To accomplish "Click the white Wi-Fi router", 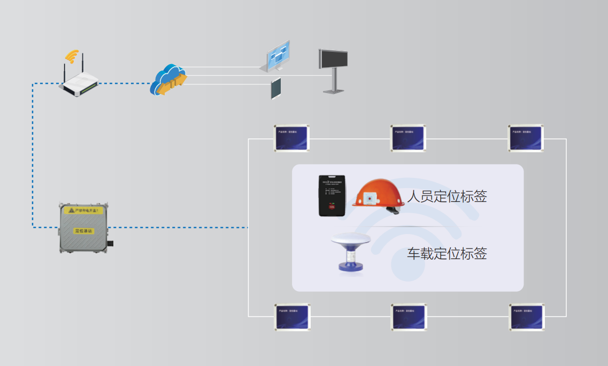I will click(x=79, y=83).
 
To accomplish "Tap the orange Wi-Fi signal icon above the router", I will click(x=72, y=56).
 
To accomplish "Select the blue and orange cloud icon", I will click(x=168, y=80).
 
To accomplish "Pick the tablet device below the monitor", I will click(x=276, y=89).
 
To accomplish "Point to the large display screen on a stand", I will click(x=333, y=59).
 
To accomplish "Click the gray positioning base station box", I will click(x=83, y=227).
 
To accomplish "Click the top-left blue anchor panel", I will click(x=291, y=138).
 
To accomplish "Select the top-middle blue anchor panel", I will click(x=409, y=138).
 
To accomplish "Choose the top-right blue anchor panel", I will click(x=526, y=138).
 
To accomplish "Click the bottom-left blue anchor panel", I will click(x=293, y=317).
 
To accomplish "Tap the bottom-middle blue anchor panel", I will click(x=410, y=317).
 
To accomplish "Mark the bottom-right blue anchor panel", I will click(x=527, y=317).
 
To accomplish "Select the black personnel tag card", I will click(x=332, y=196).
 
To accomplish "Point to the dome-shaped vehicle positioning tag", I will click(x=351, y=252).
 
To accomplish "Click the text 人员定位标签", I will click(x=447, y=197).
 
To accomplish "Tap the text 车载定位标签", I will click(x=447, y=253).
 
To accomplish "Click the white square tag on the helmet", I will click(x=370, y=201).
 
